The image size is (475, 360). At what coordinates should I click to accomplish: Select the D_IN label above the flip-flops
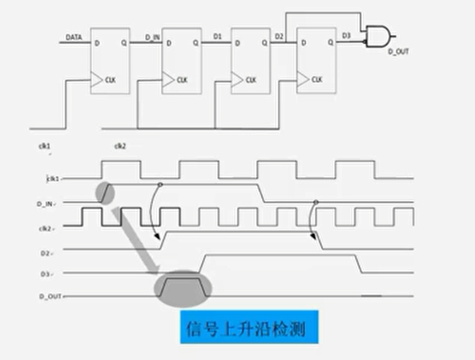(x=152, y=37)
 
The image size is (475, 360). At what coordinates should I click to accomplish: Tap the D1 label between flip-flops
(x=216, y=37)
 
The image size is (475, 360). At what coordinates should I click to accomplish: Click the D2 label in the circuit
(x=280, y=37)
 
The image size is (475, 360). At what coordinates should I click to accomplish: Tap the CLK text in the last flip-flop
(x=316, y=79)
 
